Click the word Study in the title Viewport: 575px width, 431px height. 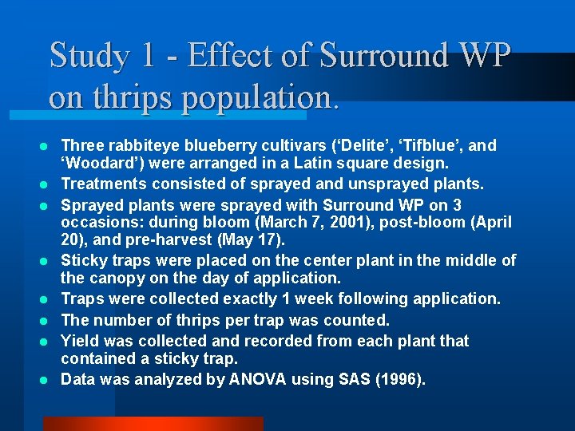pos(89,56)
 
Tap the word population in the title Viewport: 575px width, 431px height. pos(256,97)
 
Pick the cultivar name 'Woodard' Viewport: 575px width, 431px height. pos(95,164)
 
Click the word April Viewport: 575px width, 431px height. pos(490,222)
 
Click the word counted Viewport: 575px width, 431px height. pos(355,320)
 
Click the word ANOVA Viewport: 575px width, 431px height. pos(256,379)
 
